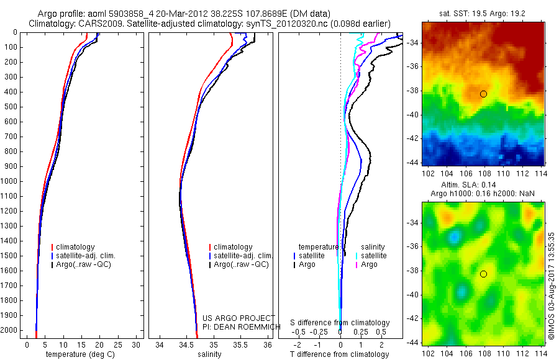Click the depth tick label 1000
(x=10, y=181)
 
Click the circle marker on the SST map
(x=483, y=94)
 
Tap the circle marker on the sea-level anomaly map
(x=483, y=274)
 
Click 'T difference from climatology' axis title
(x=340, y=354)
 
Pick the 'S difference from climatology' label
(x=340, y=323)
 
